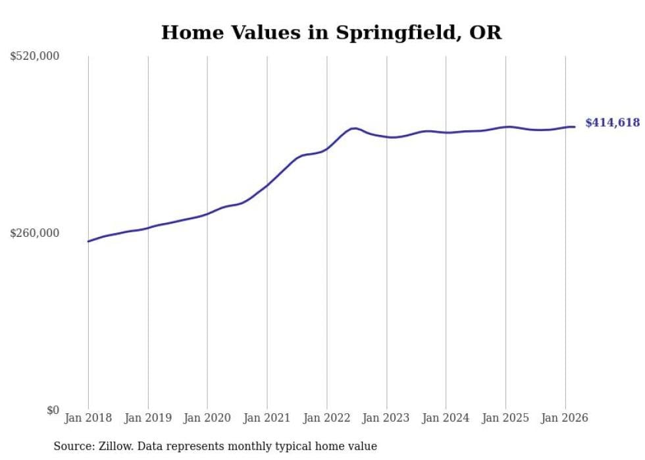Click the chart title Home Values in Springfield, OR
(x=331, y=33)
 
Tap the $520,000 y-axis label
(x=35, y=57)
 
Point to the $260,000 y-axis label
(x=35, y=233)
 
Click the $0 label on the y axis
(x=53, y=410)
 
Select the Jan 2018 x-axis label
(x=88, y=418)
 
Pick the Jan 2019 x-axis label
(x=148, y=418)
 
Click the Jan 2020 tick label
(x=207, y=418)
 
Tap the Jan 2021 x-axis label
(x=267, y=418)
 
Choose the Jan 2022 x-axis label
(x=327, y=418)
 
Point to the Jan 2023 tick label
(x=386, y=418)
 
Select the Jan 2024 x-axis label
(x=446, y=418)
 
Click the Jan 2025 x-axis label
(x=505, y=418)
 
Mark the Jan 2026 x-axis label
(x=565, y=418)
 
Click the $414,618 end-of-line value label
(x=612, y=122)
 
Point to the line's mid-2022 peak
(x=355, y=128)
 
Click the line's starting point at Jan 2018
(x=88, y=242)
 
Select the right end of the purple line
(x=575, y=127)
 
